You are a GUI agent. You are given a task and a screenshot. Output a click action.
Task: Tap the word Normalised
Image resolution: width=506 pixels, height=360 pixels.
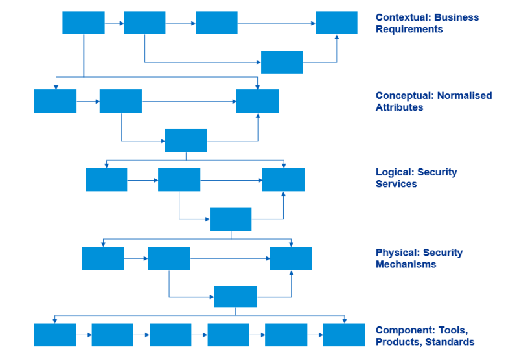(x=465, y=96)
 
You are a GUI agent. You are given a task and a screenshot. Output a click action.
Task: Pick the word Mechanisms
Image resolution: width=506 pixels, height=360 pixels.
(x=406, y=264)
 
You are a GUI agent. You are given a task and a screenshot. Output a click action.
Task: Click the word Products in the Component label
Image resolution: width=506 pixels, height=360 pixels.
(x=397, y=342)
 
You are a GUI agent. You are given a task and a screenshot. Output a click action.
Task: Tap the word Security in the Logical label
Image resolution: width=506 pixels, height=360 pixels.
(x=437, y=172)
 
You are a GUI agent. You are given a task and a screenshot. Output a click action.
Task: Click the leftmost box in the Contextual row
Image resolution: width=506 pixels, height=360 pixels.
(x=84, y=23)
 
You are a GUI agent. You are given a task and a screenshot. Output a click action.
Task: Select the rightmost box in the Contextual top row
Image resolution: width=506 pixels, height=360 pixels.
(x=336, y=23)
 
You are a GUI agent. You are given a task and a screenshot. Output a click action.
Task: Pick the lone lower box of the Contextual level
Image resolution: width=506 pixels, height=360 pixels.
(x=282, y=62)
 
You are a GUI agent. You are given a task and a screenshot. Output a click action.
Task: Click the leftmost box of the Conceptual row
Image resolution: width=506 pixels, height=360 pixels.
(x=55, y=101)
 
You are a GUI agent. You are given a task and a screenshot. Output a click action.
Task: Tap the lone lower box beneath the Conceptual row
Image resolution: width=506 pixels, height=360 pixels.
(x=186, y=140)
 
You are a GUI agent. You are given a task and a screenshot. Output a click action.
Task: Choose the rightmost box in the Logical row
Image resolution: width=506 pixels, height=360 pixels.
(x=283, y=179)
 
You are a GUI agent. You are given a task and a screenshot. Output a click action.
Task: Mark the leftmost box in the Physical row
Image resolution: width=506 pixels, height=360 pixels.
(x=103, y=258)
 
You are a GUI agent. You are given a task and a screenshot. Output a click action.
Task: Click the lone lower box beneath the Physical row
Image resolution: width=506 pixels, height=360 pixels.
(x=236, y=297)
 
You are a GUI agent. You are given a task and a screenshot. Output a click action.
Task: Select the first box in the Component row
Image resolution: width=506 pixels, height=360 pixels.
(x=55, y=335)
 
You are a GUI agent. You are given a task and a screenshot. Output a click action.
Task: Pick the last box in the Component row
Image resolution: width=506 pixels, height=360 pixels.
(x=344, y=335)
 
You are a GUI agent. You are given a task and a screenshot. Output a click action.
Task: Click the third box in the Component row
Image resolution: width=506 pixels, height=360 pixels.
(x=170, y=335)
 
